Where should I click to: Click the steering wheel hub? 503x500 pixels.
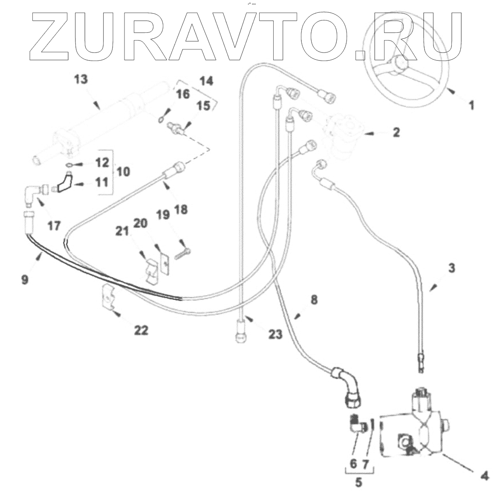point(401,64)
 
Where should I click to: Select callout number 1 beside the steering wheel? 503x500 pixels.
point(471,105)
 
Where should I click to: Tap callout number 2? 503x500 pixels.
point(396,133)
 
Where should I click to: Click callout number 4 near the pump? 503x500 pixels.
point(485,474)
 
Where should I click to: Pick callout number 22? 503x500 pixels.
point(142,330)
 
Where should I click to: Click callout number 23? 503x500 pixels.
point(275,334)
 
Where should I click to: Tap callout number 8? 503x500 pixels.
point(314,300)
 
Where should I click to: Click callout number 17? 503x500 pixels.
point(54,225)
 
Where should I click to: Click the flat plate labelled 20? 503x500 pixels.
point(165,263)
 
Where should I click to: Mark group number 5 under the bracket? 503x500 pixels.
point(359,483)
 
